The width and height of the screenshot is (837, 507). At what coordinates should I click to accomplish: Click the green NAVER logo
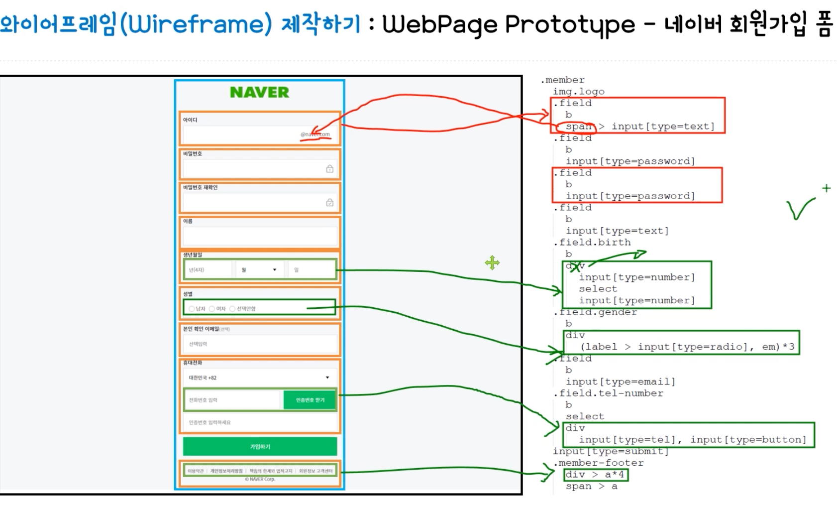[x=259, y=92]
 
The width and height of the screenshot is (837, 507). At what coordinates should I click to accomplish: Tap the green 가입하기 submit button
[x=260, y=446]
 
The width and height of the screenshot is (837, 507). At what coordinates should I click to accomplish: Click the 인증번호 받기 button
[x=310, y=400]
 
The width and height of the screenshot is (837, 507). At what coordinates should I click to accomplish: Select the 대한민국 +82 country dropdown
[x=259, y=378]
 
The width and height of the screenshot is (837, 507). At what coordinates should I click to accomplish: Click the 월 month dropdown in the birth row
[x=259, y=270]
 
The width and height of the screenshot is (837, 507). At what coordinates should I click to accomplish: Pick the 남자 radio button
[x=192, y=309]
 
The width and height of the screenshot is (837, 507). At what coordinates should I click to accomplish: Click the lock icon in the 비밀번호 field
[x=329, y=169]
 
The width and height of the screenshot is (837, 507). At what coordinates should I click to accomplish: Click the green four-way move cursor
[x=492, y=262]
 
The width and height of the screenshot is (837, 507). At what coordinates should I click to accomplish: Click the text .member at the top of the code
[x=563, y=80]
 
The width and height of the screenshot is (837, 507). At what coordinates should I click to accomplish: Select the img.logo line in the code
[x=578, y=92]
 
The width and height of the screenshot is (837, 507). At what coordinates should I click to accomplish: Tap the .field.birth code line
[x=592, y=243]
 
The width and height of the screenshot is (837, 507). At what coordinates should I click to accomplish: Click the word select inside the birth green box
[x=598, y=289]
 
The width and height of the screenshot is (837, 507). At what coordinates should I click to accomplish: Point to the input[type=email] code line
[x=620, y=381]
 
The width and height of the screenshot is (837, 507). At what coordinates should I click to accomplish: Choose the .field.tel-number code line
[x=609, y=393]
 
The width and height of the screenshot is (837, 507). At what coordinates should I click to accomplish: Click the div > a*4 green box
[x=596, y=475]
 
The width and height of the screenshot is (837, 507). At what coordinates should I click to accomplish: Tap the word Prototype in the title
[x=570, y=25]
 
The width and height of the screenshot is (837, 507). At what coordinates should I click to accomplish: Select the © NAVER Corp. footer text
[x=259, y=479]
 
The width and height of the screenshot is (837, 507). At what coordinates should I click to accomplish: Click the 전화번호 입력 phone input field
[x=231, y=400]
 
